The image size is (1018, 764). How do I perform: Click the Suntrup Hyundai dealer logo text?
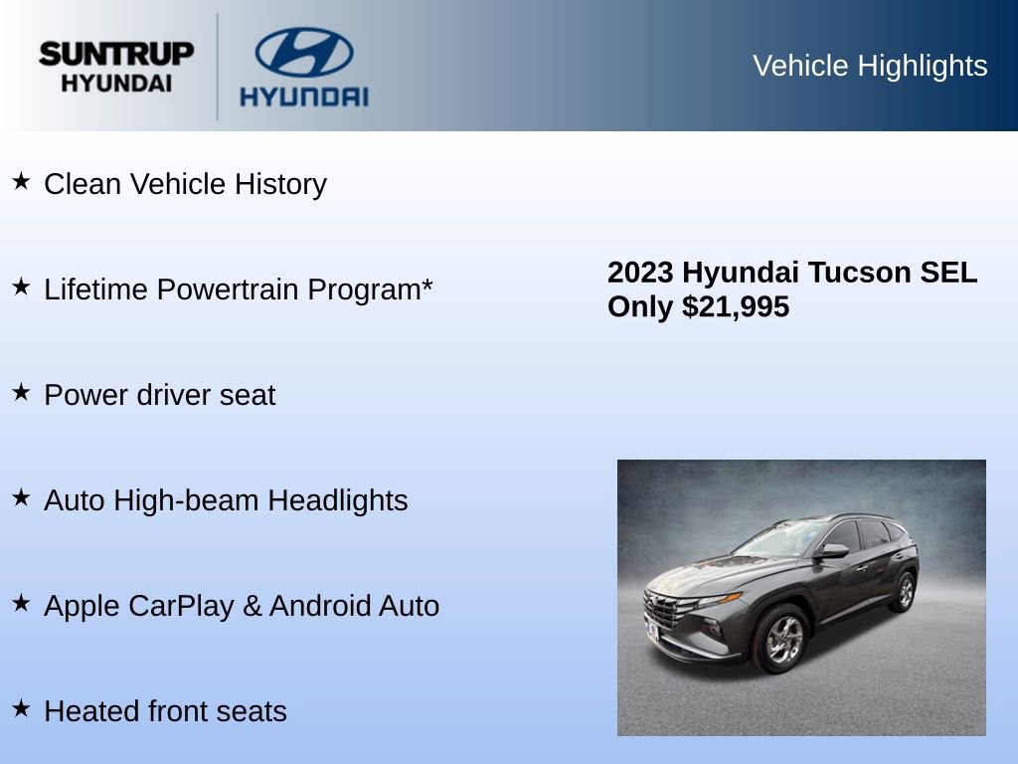point(116,67)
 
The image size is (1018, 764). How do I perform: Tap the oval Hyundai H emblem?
point(304,52)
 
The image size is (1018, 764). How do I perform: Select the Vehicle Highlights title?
point(870,66)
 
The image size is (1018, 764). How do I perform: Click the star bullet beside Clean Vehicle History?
point(21,181)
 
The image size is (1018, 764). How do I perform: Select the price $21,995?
point(736,307)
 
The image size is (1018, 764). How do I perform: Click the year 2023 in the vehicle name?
point(641,273)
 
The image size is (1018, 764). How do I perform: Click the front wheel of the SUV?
point(782,637)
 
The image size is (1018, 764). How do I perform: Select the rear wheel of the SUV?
point(904,593)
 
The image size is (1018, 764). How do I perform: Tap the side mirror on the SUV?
point(832,551)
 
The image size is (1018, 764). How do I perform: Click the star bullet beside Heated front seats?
point(21,708)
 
